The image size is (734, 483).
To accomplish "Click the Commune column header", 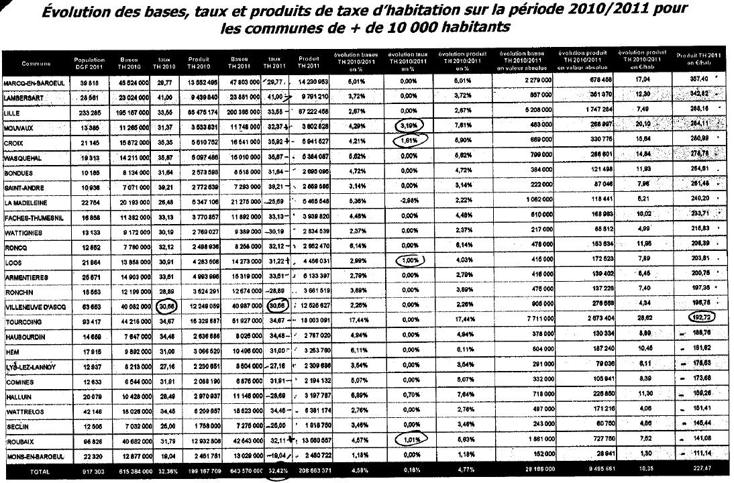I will [36, 64].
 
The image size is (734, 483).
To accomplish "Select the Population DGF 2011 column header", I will [89, 63].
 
